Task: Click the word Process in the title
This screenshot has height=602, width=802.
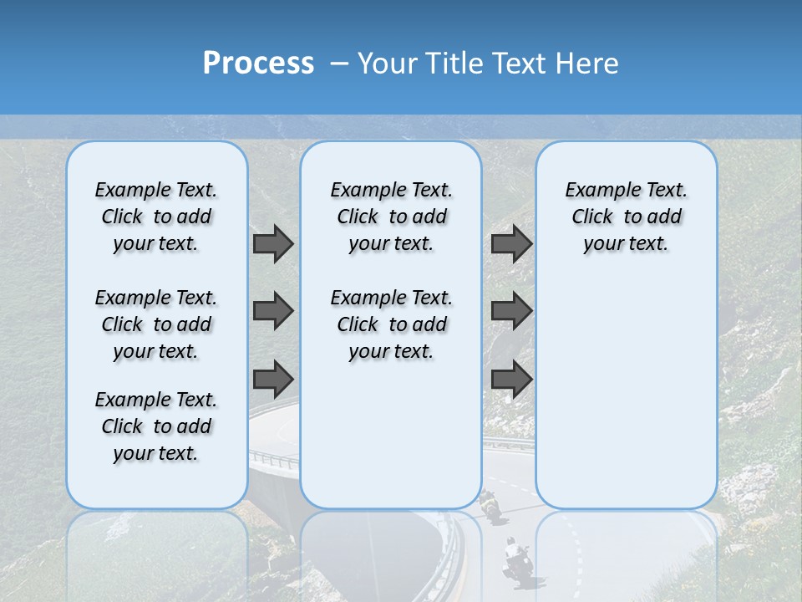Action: pos(258,64)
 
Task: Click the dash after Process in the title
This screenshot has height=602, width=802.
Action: pos(339,64)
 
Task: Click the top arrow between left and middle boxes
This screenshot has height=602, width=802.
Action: pos(273,243)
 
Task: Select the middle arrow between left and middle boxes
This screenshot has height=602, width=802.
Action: pos(273,311)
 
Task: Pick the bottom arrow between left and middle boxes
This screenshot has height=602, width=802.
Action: pos(273,379)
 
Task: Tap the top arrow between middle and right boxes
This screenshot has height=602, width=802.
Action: pos(511,243)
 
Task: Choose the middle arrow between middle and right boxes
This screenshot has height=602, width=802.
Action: pos(511,311)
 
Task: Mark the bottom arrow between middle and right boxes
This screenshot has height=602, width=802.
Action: pos(511,379)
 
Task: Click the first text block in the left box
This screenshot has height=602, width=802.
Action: pos(156,217)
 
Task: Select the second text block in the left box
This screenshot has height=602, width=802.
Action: pos(156,324)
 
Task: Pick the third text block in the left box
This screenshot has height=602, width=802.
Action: pos(156,426)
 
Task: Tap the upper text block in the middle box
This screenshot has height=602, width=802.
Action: pos(391,217)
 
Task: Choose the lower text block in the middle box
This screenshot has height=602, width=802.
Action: pos(391,324)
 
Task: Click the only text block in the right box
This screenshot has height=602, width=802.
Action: pos(626,217)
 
